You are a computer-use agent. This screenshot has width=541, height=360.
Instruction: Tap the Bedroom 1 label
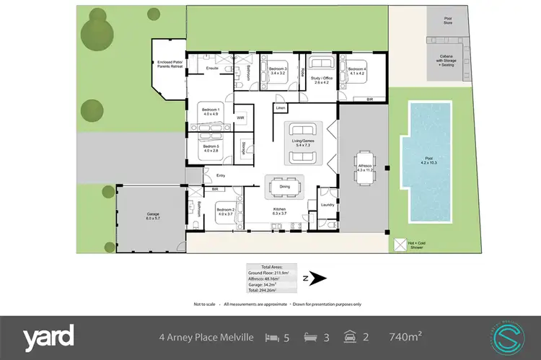[210, 111]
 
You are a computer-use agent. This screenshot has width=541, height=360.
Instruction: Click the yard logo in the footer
[48, 336]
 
